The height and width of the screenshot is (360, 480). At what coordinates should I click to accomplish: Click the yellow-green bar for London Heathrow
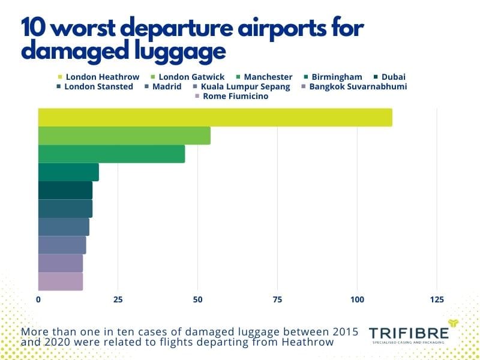coord(215,118)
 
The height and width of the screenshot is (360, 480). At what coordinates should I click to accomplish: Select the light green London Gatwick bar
coord(124,136)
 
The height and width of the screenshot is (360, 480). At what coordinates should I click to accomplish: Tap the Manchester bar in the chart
coord(111,154)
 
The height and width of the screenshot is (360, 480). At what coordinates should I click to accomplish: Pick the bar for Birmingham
coord(68,172)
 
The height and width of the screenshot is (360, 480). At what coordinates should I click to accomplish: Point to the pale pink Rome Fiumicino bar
coord(60,281)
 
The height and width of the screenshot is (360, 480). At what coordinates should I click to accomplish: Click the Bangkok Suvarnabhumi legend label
coord(353,86)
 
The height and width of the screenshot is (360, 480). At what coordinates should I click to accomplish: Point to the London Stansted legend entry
coord(94,86)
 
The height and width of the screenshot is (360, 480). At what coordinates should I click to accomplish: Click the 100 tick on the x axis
coord(358,299)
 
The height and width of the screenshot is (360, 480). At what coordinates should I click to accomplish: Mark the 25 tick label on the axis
coord(118,299)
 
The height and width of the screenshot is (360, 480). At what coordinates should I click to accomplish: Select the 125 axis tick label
coord(437,299)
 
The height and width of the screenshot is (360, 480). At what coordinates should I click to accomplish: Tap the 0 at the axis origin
coord(38,299)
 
